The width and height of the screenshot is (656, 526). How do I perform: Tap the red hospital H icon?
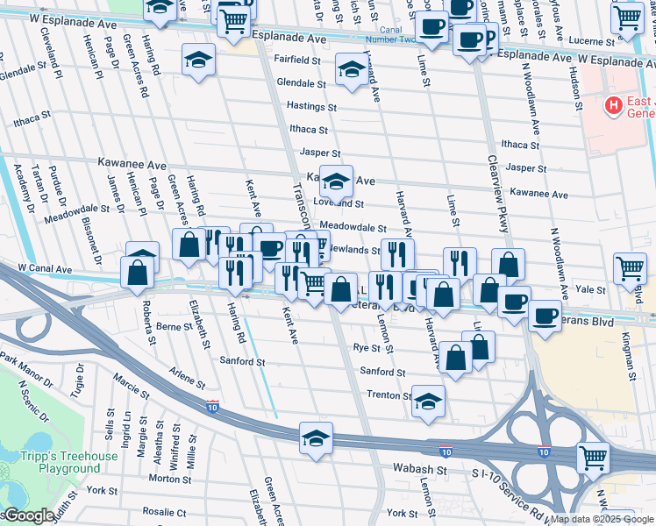point(614,106)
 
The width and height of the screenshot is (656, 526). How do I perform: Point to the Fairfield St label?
point(297,60)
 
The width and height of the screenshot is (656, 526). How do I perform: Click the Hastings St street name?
point(312,106)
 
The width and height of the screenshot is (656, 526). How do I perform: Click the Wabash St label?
point(420,470)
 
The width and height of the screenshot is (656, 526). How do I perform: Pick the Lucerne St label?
point(606,40)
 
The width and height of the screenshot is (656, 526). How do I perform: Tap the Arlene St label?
point(188,377)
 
